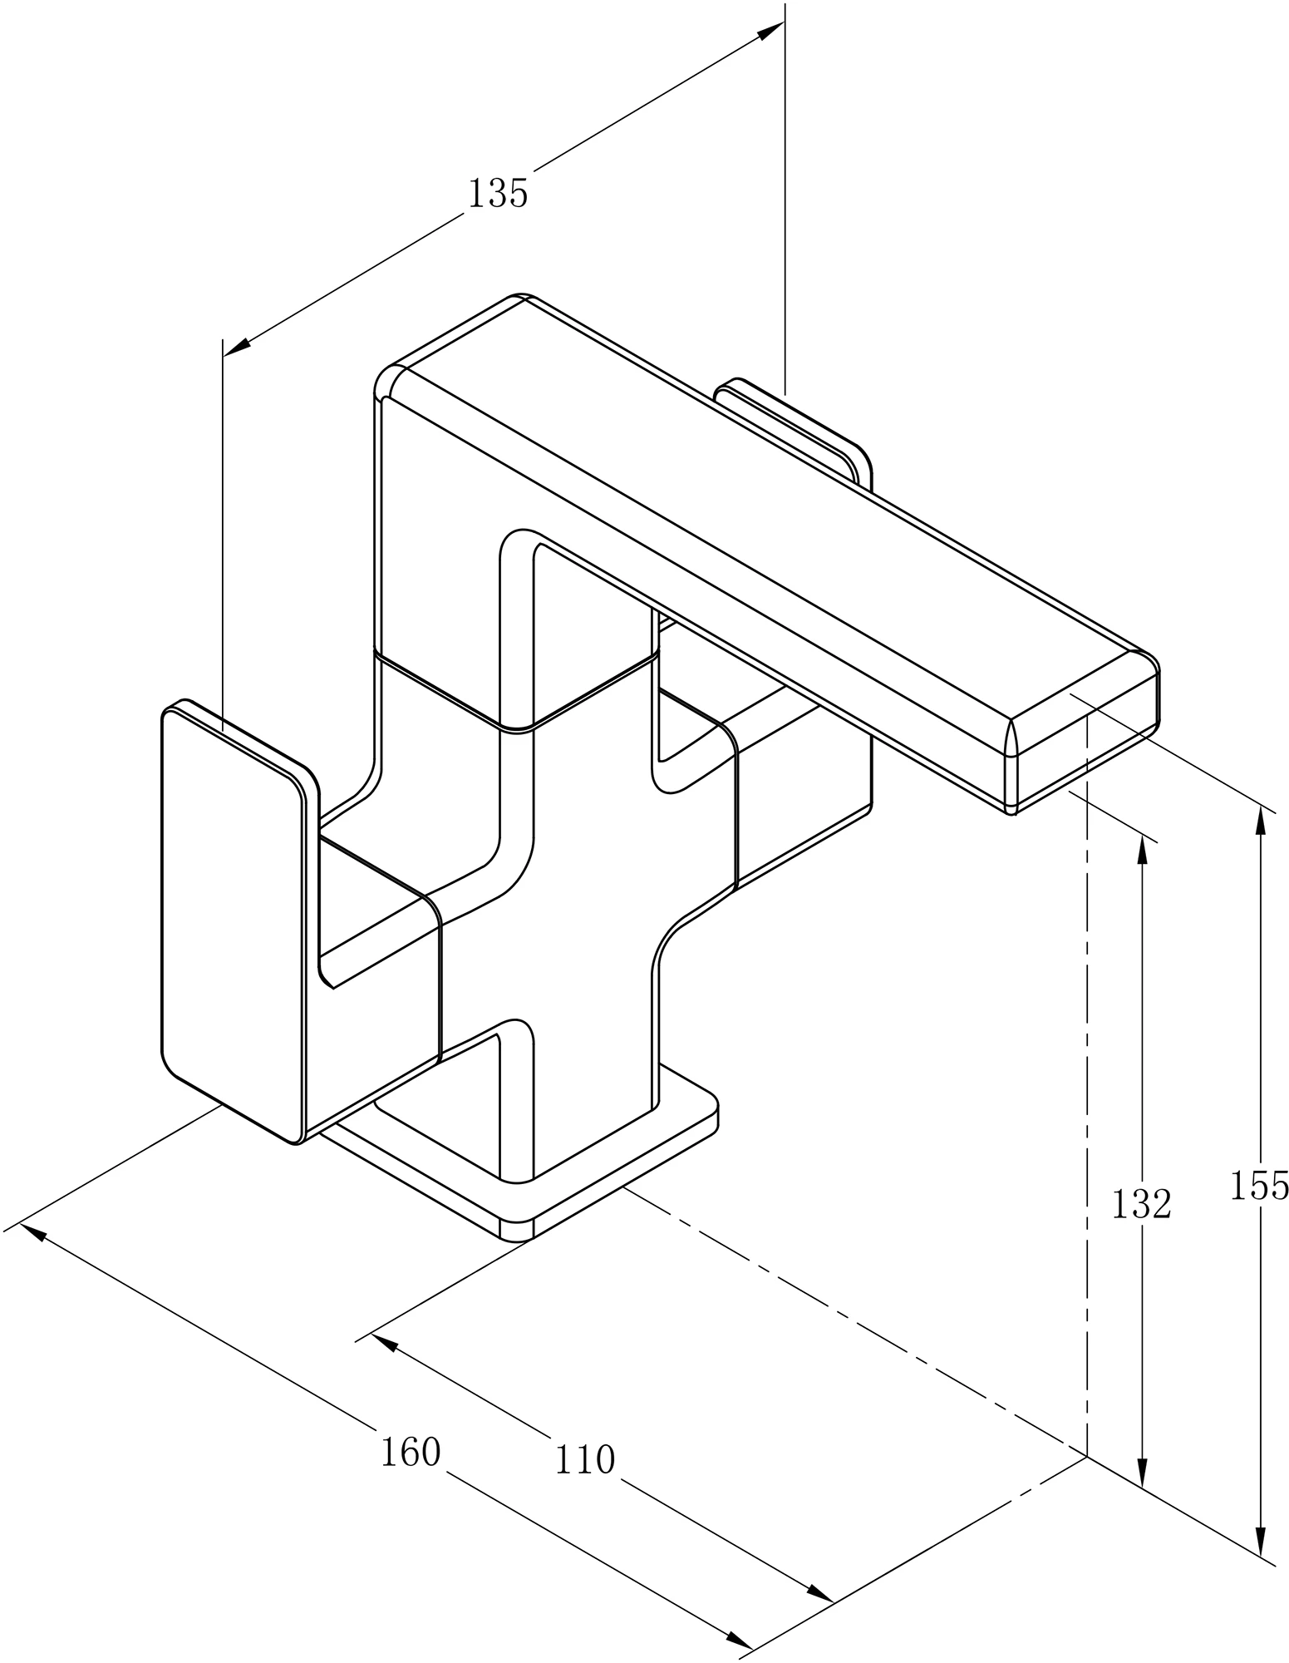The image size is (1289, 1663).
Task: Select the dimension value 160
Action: coord(410,1453)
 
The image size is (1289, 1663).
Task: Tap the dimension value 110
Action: coord(584,1460)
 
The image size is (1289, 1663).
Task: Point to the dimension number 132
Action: coord(1141,1204)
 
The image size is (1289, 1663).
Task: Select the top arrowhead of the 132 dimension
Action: coord(1142,850)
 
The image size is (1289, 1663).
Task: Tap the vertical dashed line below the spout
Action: coord(1087,1164)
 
